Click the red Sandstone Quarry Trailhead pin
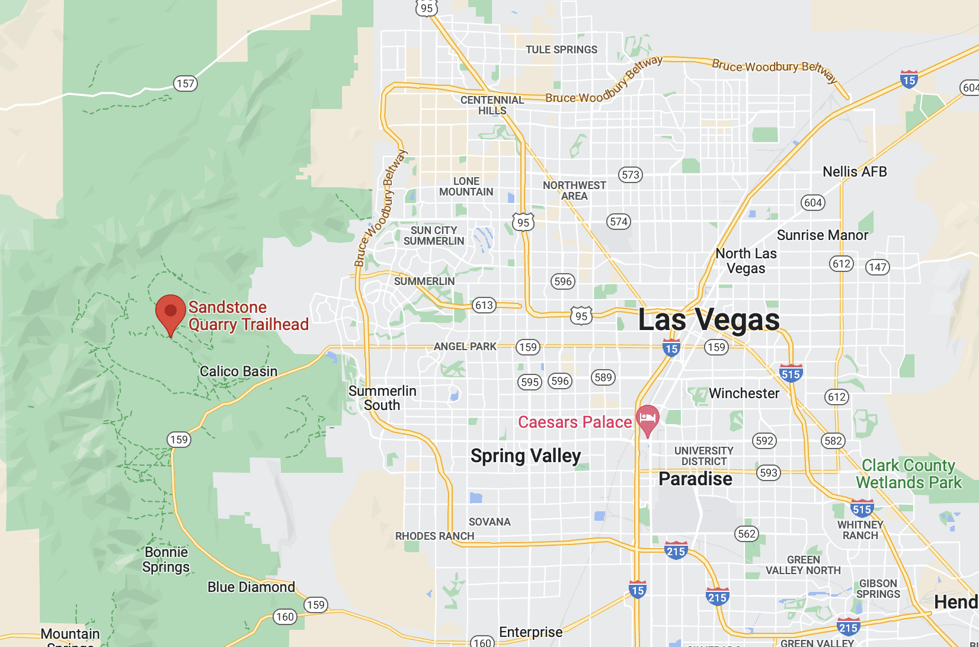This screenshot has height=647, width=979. pyautogui.click(x=171, y=312)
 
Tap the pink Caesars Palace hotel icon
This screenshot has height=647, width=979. pyautogui.click(x=648, y=419)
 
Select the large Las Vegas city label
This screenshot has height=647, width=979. pyautogui.click(x=709, y=320)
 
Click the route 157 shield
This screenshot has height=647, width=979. pyautogui.click(x=185, y=84)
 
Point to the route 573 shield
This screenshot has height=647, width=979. pyautogui.click(x=631, y=175)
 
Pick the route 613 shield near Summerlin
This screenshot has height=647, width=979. pyautogui.click(x=484, y=305)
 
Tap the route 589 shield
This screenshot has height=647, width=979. pyautogui.click(x=603, y=377)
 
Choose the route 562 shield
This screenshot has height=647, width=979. pyautogui.click(x=747, y=534)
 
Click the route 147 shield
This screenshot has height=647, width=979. pyautogui.click(x=878, y=267)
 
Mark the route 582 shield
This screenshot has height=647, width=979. pyautogui.click(x=833, y=440)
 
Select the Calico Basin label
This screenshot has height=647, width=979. pyautogui.click(x=238, y=371)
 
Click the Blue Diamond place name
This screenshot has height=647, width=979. pyautogui.click(x=251, y=587)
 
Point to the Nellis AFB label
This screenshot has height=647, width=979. pyautogui.click(x=855, y=172)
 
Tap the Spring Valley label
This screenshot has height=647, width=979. pyautogui.click(x=526, y=456)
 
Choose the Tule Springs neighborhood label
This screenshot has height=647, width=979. pyautogui.click(x=561, y=50)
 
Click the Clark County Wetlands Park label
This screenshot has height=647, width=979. pyautogui.click(x=908, y=474)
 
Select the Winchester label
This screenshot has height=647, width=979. pyautogui.click(x=744, y=393)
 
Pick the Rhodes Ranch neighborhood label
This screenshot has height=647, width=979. pyautogui.click(x=434, y=536)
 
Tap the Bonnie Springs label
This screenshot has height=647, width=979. pyautogui.click(x=166, y=559)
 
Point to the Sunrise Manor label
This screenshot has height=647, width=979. pyautogui.click(x=822, y=235)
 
